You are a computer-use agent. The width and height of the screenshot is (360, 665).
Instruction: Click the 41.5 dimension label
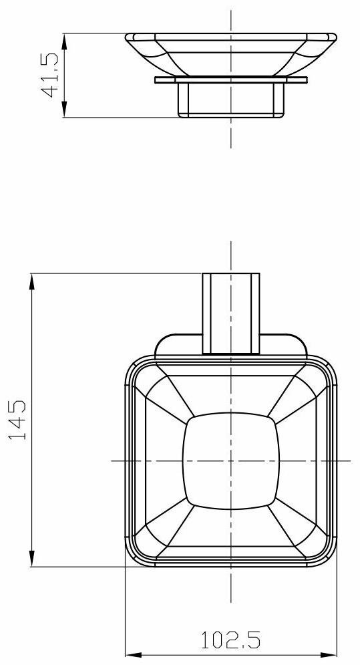(49, 75)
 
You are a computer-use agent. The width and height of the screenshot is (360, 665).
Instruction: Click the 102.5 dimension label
(230, 640)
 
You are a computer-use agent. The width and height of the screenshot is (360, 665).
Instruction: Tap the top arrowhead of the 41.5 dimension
(64, 41)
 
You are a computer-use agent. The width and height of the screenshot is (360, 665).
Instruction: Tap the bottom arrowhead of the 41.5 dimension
(64, 109)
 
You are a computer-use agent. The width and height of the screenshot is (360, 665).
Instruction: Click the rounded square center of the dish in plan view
(230, 460)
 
